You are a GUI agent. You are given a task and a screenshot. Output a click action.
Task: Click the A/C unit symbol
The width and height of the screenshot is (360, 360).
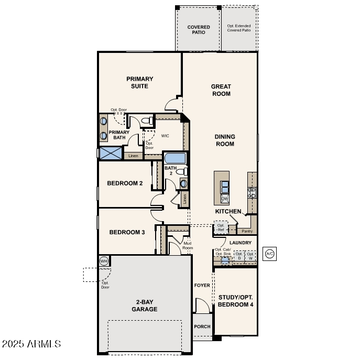(x=270, y=254)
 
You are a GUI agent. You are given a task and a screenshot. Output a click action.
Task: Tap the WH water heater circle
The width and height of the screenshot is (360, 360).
(x=104, y=260)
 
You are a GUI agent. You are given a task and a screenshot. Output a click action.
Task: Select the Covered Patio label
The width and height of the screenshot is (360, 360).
(x=199, y=30)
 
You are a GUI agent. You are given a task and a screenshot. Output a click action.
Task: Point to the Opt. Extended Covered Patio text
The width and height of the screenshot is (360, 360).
(x=239, y=28)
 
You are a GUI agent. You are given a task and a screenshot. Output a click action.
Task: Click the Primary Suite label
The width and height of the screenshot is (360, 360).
(x=139, y=83)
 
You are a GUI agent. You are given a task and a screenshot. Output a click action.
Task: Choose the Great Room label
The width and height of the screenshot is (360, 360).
(x=221, y=90)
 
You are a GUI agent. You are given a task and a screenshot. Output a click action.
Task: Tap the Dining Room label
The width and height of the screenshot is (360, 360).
(x=225, y=140)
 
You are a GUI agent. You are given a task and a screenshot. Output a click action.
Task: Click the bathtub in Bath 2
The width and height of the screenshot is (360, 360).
(x=175, y=158)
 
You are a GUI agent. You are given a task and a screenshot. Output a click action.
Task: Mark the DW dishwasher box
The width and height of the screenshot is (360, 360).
(x=224, y=199)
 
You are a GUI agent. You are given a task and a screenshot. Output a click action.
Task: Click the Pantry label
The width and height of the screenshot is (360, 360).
(x=247, y=231)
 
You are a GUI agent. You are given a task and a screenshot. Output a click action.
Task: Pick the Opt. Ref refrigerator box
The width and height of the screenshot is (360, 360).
(x=221, y=228)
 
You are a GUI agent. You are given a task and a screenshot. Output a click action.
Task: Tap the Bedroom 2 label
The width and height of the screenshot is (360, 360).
(x=125, y=183)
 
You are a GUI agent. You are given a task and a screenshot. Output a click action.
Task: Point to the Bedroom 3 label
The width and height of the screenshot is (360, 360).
(x=127, y=232)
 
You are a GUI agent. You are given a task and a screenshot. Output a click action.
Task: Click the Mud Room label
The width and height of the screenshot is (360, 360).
(x=188, y=245)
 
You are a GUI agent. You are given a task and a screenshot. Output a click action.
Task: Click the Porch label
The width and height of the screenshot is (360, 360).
(x=202, y=326)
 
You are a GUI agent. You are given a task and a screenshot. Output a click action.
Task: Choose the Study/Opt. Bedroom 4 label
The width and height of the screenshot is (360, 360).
(x=236, y=300)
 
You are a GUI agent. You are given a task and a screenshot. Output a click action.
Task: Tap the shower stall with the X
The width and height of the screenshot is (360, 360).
(x=111, y=153)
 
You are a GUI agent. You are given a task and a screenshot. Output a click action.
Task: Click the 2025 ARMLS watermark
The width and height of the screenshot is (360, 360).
(x=31, y=344)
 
